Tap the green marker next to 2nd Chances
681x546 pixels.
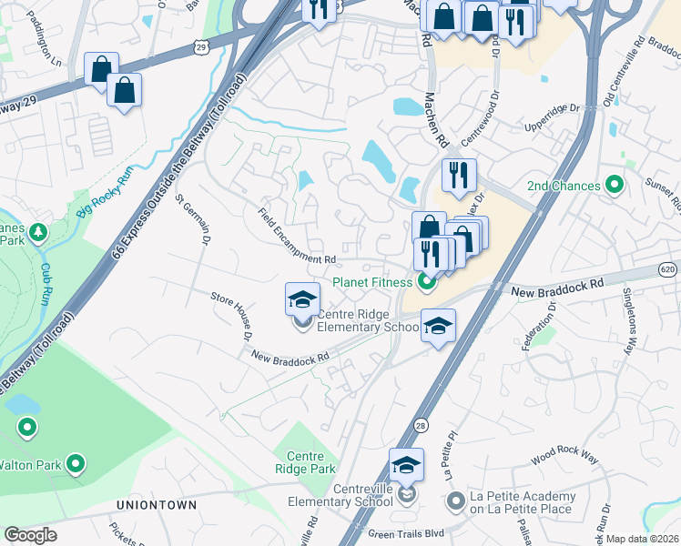point(615,187)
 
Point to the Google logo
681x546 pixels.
point(30,535)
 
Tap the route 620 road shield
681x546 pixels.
point(669,270)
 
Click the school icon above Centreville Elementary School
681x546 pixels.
point(406,466)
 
